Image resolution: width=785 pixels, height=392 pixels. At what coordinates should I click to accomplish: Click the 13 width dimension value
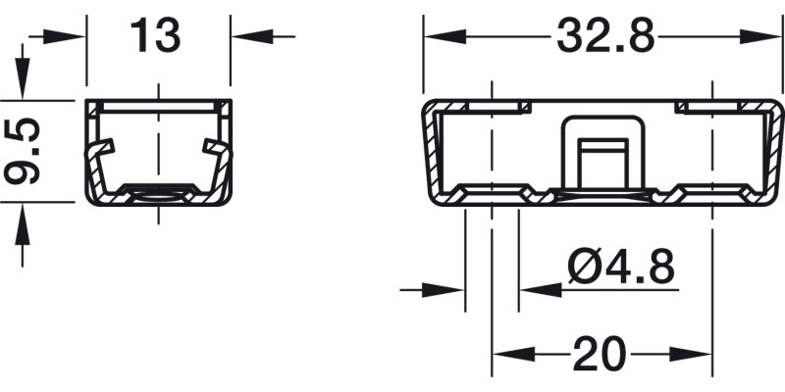(155, 35)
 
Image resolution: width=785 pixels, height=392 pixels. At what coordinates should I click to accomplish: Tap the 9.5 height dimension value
(23, 151)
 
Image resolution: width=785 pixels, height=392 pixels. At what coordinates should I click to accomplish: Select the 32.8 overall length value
(605, 35)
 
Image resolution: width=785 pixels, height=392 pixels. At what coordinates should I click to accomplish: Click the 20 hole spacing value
(600, 353)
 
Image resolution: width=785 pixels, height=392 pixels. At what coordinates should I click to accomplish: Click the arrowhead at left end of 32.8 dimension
(445, 36)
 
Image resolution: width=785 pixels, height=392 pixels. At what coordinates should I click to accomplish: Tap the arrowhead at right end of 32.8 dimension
(759, 36)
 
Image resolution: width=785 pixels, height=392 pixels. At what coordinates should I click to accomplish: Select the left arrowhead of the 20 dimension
(514, 354)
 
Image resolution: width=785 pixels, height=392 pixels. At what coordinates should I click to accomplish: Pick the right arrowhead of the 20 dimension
(690, 354)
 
